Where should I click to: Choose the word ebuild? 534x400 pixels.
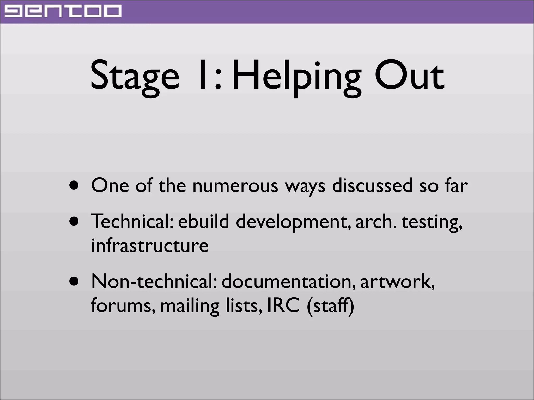point(203,222)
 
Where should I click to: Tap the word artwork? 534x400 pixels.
point(397,282)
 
